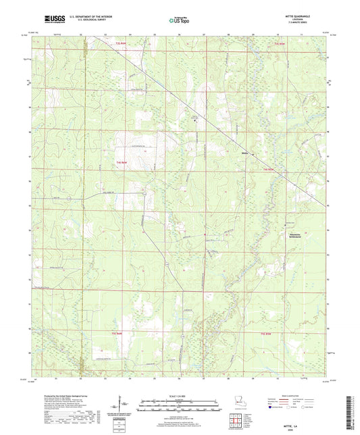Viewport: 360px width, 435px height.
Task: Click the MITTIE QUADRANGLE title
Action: tap(301, 15)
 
